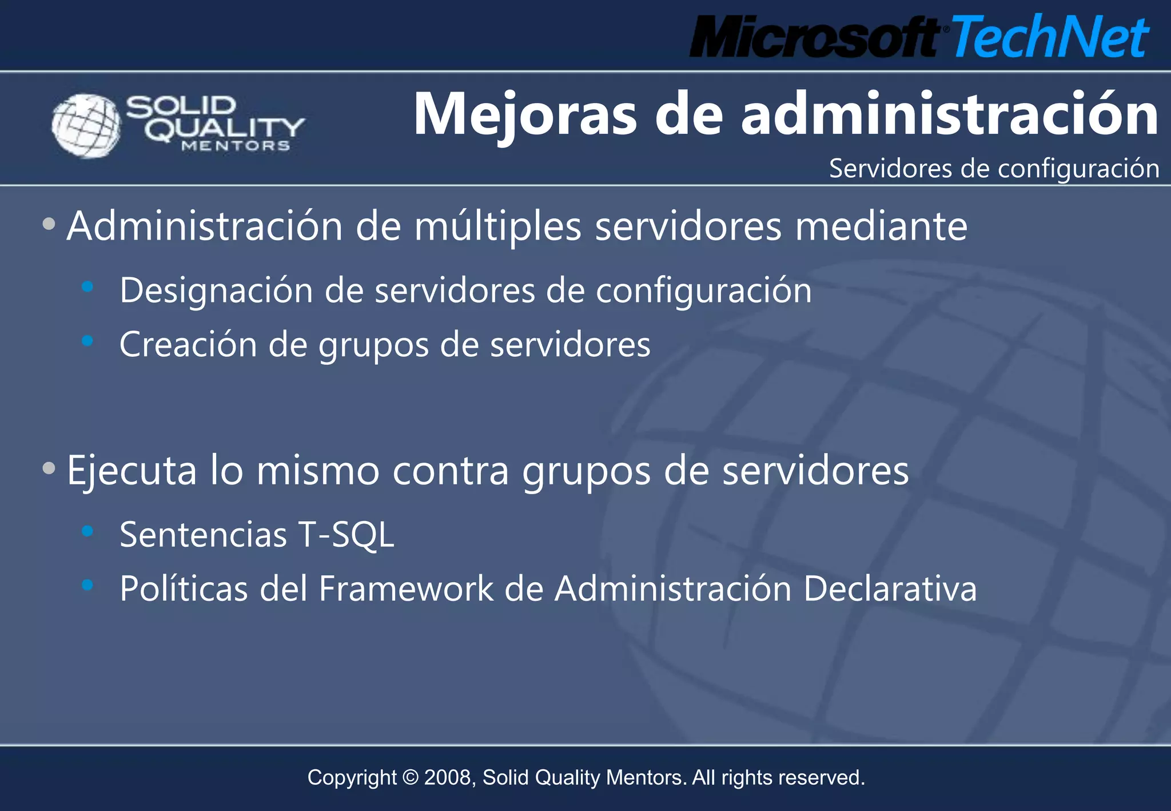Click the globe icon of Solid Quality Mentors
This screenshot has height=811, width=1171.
pyautogui.click(x=86, y=125)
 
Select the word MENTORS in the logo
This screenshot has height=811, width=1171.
pyautogui.click(x=236, y=146)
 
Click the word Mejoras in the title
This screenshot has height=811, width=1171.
pyautogui.click(x=524, y=115)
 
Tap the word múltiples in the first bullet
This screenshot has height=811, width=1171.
pyautogui.click(x=497, y=227)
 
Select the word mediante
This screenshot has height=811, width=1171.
pyautogui.click(x=881, y=227)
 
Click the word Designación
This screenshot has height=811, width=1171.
pyautogui.click(x=216, y=291)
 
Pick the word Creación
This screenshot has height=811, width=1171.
pyautogui.click(x=188, y=344)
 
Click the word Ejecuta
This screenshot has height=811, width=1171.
pyautogui.click(x=132, y=471)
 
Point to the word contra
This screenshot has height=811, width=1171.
pyautogui.click(x=451, y=471)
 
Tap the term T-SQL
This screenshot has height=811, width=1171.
pyautogui.click(x=346, y=535)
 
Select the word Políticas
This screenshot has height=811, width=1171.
pyautogui.click(x=184, y=589)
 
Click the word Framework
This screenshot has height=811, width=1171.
pyautogui.click(x=406, y=589)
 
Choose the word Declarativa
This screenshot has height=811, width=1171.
pyautogui.click(x=890, y=589)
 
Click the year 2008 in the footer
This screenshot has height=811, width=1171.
pyautogui.click(x=448, y=778)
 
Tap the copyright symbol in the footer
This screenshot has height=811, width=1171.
pyautogui.click(x=411, y=778)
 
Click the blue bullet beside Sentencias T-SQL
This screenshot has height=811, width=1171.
pyautogui.click(x=87, y=531)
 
